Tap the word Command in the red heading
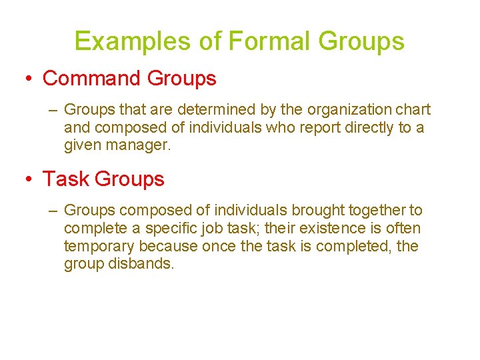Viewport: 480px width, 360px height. click(x=91, y=78)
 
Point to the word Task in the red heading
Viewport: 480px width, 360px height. click(x=66, y=179)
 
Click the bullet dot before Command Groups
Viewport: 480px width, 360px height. click(x=29, y=79)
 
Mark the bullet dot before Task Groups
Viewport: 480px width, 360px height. click(x=29, y=179)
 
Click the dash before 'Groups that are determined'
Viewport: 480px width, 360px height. click(x=53, y=110)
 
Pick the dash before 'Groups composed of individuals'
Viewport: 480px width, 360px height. click(x=53, y=211)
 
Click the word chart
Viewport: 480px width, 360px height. click(x=415, y=109)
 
